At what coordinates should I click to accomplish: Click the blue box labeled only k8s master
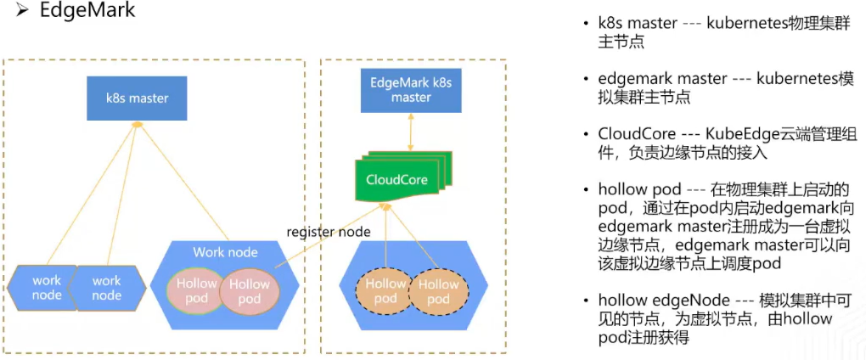[137, 98]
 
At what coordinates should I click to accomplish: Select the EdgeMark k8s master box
[411, 91]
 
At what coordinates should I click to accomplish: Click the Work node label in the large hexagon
[225, 252]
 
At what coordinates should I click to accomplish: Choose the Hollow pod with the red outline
[250, 292]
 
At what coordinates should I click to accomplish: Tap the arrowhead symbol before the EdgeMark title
[23, 13]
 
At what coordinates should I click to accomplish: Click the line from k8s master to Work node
[183, 182]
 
